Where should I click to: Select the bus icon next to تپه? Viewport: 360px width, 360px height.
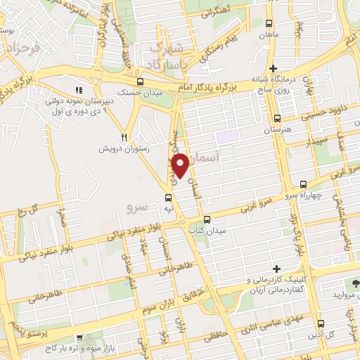click(x=167, y=198)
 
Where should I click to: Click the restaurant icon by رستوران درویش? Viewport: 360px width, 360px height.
click(x=124, y=138)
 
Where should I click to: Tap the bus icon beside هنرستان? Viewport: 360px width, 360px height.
click(x=277, y=119)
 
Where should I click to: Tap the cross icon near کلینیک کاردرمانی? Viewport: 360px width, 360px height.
click(x=277, y=269)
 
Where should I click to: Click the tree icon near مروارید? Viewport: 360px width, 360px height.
click(x=355, y=283)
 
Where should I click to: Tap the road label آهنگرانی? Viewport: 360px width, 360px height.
click(x=217, y=13)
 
